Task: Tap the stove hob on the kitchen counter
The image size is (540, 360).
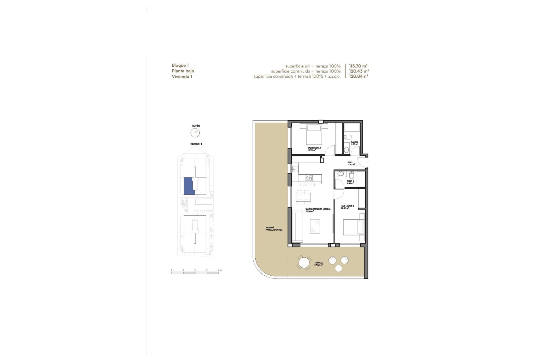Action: point(309,178)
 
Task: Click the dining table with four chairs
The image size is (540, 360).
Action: point(303,197)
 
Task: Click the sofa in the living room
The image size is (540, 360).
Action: point(297,226)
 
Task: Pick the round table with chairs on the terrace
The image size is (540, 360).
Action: point(304,263)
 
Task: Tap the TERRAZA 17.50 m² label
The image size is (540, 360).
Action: point(318,264)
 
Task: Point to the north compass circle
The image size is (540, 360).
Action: point(195,133)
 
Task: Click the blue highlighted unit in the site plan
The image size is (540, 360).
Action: point(188,186)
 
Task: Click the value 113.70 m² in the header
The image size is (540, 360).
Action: point(358,66)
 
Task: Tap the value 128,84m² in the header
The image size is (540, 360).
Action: point(358,76)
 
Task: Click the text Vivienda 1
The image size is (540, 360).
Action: point(182,76)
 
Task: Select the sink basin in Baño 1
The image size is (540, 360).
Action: point(340,174)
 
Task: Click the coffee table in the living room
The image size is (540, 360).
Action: point(315,226)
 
